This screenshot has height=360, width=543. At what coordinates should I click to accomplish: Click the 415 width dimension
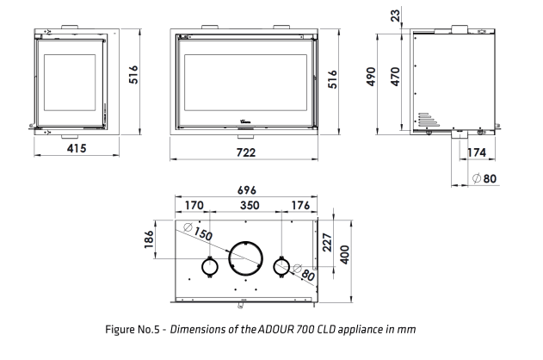click(x=77, y=148)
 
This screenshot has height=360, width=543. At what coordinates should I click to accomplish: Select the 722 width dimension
click(x=246, y=152)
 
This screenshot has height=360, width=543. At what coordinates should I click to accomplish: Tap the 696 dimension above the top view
click(x=247, y=190)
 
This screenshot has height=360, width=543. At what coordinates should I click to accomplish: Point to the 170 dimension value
click(x=194, y=205)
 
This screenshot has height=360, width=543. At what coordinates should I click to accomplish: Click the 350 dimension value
click(x=250, y=205)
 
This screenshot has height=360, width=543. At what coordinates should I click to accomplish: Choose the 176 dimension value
click(x=300, y=205)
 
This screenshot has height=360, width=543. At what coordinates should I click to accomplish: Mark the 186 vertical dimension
click(x=149, y=239)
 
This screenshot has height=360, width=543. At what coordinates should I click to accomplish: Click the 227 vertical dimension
click(x=327, y=242)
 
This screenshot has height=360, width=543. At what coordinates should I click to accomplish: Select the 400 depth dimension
click(x=344, y=255)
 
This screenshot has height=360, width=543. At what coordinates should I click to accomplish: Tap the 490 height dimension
click(x=371, y=77)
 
